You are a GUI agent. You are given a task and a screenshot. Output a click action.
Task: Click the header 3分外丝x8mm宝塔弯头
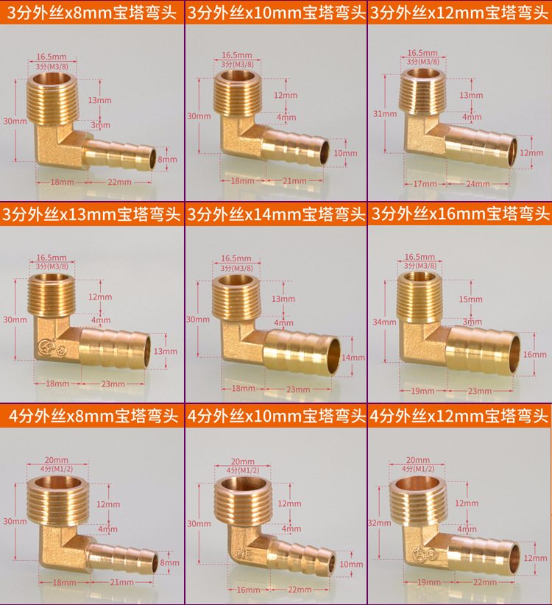pyautogui.click(x=92, y=13)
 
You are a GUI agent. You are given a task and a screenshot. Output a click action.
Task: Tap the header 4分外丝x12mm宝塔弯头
pyautogui.click(x=459, y=416)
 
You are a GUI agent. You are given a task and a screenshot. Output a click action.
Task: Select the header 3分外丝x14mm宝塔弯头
pyautogui.click(x=276, y=214)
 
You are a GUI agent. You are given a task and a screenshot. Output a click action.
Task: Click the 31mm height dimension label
pyautogui.click(x=385, y=114)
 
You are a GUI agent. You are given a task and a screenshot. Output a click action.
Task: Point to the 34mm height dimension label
pyautogui.click(x=384, y=322)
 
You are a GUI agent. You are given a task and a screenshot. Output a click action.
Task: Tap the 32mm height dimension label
pyautogui.click(x=380, y=523)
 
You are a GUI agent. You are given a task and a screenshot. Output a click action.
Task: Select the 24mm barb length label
pyautogui.click(x=478, y=184)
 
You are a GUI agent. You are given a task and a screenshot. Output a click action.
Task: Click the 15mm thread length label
pyautogui.click(x=470, y=299)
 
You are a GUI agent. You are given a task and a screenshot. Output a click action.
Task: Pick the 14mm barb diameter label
pyautogui.click(x=353, y=358)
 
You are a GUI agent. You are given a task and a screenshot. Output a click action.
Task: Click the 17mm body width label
pyautogui.click(x=425, y=184)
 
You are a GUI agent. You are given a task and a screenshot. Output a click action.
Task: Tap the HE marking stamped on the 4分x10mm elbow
pyautogui.click(x=246, y=555)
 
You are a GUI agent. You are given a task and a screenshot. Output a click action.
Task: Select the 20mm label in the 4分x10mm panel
pyautogui.click(x=243, y=461)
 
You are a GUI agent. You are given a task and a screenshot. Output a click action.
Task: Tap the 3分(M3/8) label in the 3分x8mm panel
pyautogui.click(x=52, y=66)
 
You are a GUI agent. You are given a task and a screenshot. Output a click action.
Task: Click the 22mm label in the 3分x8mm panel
pyautogui.click(x=119, y=182)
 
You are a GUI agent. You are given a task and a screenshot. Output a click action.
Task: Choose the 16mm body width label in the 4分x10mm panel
pyautogui.click(x=248, y=590)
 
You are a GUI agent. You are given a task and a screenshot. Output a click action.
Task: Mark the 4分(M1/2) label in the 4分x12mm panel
pyautogui.click(x=418, y=469)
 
